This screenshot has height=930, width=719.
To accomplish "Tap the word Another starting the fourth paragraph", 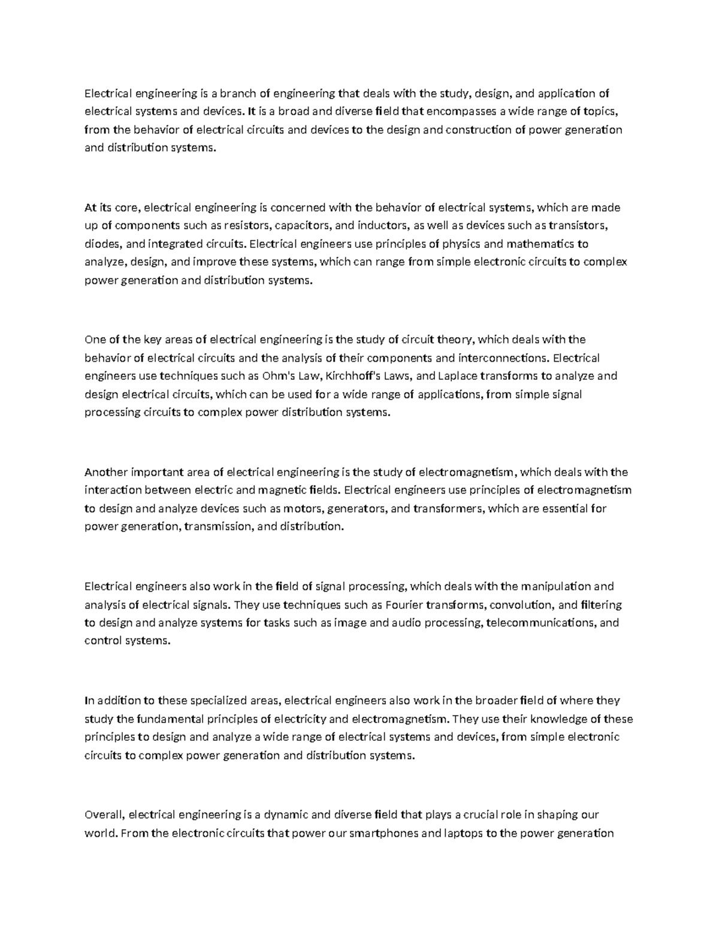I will [x=105, y=472].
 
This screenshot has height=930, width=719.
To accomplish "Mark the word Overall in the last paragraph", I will [x=104, y=815].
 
